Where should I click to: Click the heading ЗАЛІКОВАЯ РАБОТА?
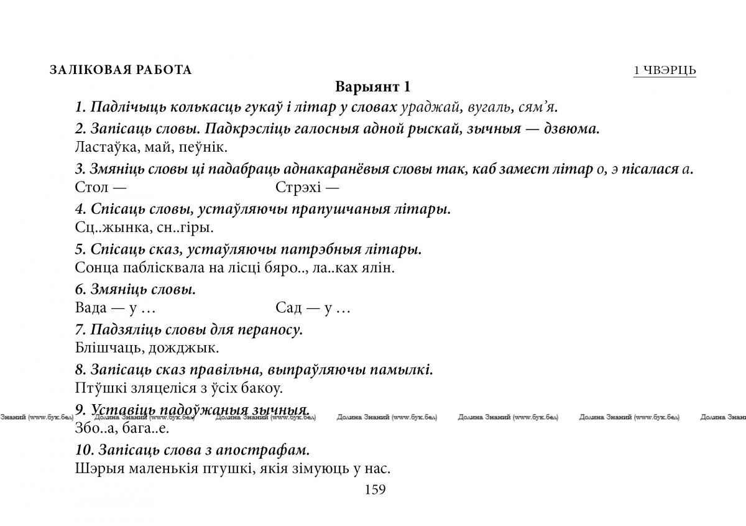click(x=121, y=70)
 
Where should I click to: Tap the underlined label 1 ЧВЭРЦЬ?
click(x=665, y=70)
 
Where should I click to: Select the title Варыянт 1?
click(x=373, y=86)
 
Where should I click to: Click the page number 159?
click(x=375, y=489)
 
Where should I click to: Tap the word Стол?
click(x=91, y=187)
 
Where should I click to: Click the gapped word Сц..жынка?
click(x=109, y=228)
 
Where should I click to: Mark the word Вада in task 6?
click(x=91, y=308)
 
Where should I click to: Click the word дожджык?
click(x=186, y=348)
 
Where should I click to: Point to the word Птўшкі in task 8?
click(x=99, y=389)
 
